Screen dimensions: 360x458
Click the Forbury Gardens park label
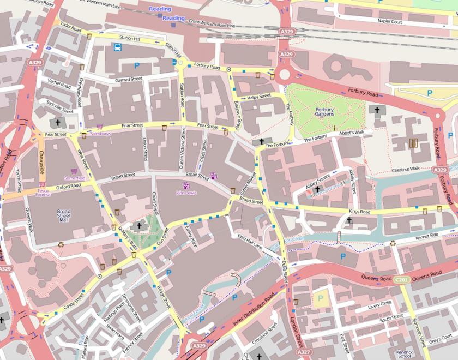[324, 112]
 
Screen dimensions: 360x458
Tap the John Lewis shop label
[186, 193]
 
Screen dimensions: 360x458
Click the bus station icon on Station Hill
[117, 47]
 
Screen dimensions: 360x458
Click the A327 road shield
[304, 353]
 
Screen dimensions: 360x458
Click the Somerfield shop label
[74, 178]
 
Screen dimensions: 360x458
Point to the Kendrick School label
[404, 354]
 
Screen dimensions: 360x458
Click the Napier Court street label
[390, 21]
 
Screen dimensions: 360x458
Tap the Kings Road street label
[359, 212]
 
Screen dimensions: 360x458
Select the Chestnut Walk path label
[406, 170]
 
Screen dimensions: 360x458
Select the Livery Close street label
[379, 304]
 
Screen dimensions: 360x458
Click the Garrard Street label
[128, 79]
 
